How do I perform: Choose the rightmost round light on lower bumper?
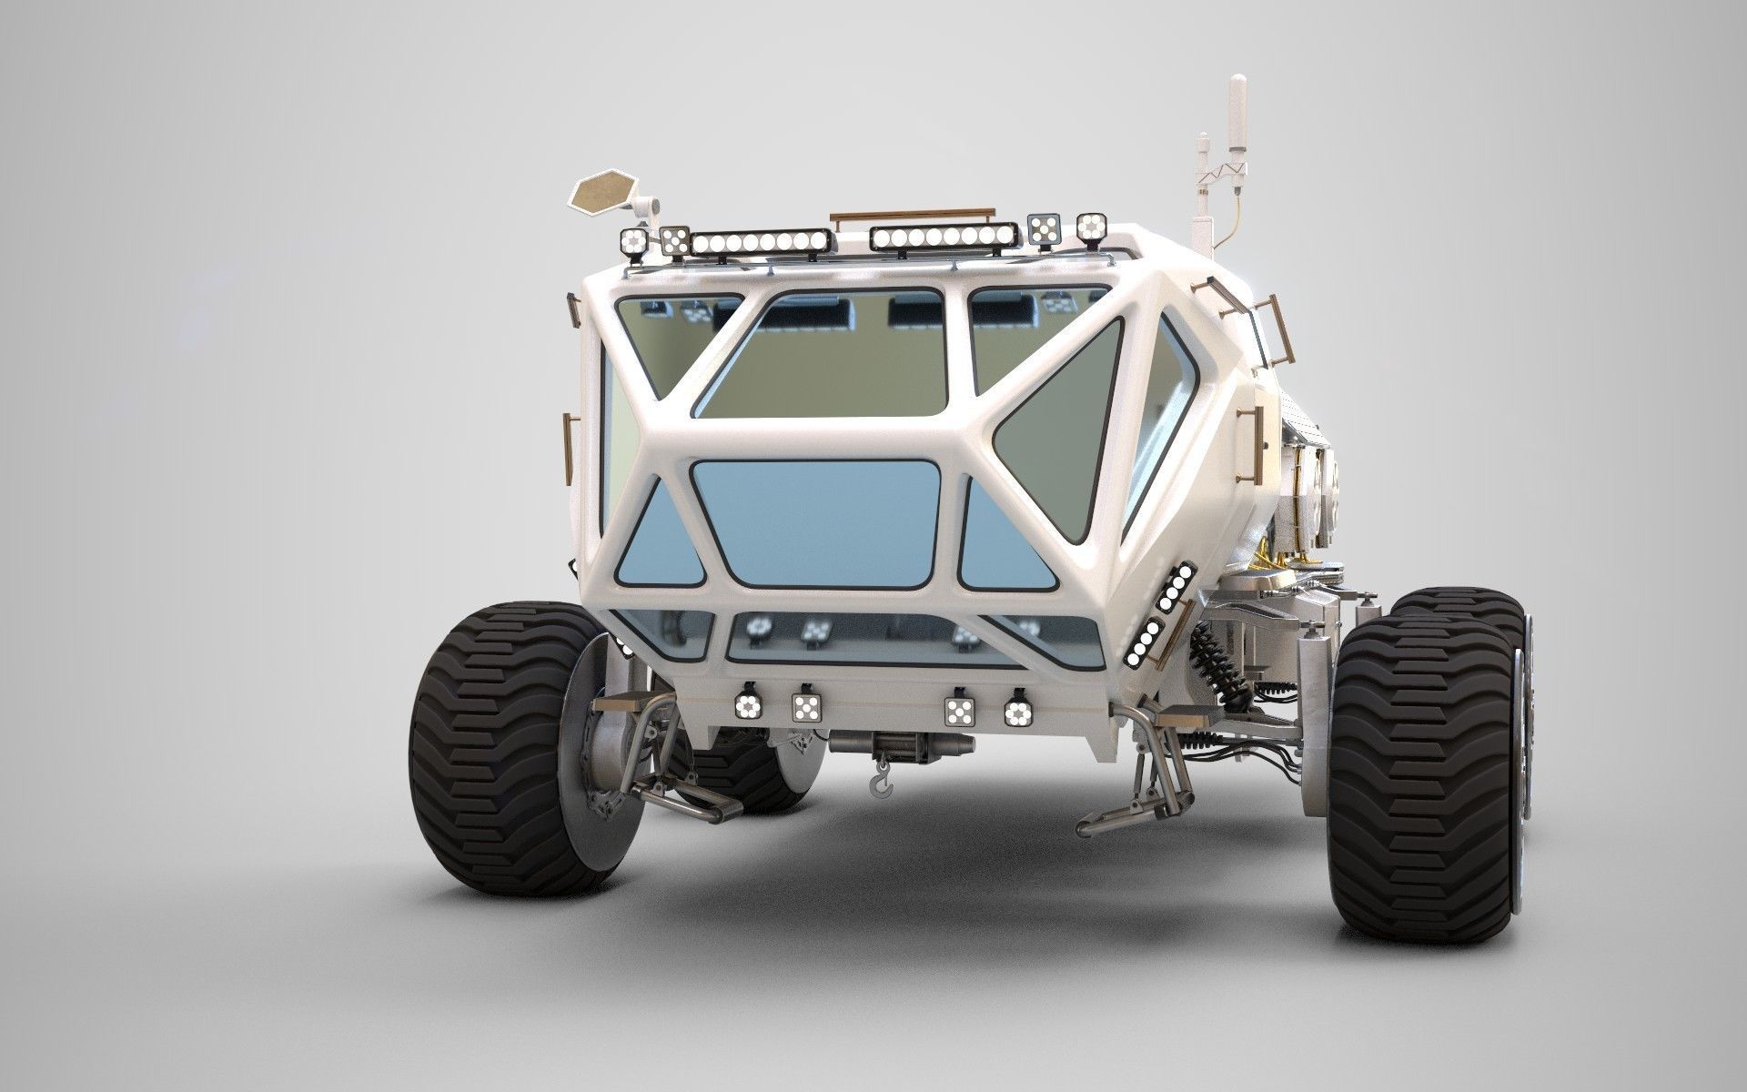point(1016,713)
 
